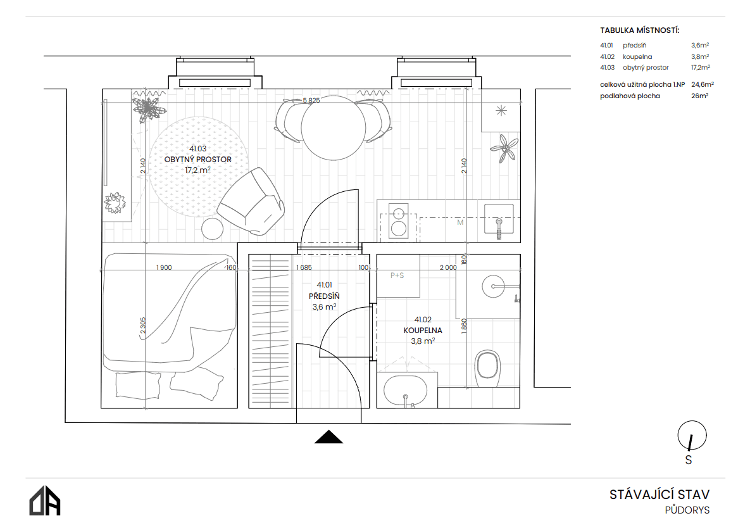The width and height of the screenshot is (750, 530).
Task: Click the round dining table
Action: [x=333, y=129]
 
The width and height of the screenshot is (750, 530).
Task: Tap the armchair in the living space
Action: [x=251, y=202]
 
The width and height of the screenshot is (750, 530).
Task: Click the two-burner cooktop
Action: [x=399, y=220]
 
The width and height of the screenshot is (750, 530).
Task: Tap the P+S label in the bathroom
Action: [x=397, y=275]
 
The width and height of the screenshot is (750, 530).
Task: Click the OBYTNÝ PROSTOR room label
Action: [x=197, y=160]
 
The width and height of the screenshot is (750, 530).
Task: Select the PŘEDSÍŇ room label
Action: [x=324, y=296]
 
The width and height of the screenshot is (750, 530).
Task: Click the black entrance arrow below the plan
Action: [x=328, y=437]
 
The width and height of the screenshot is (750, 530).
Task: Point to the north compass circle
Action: [x=692, y=436]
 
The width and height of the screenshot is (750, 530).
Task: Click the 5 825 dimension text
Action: [x=311, y=101]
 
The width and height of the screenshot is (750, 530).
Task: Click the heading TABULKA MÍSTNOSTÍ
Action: [x=639, y=30]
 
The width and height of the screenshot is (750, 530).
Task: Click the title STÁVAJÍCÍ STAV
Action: [x=659, y=494]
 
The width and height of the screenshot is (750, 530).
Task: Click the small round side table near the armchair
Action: [x=212, y=229]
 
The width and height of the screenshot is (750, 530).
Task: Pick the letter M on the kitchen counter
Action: [x=460, y=222]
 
